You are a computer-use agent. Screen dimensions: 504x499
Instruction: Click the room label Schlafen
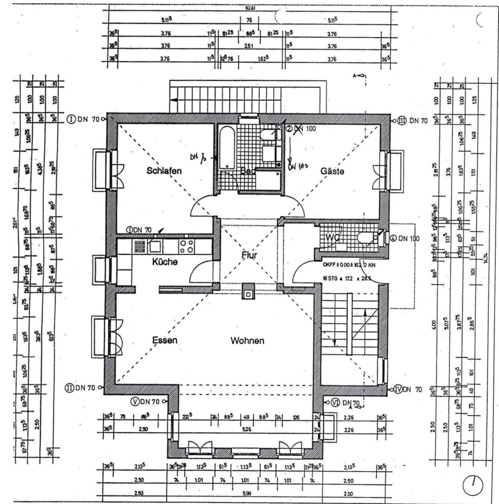164,171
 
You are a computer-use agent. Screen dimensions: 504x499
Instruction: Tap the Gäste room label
332,171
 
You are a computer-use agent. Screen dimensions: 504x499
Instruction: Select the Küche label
165,262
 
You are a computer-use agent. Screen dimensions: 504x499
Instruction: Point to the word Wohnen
247,341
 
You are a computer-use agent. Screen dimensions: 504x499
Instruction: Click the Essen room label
165,340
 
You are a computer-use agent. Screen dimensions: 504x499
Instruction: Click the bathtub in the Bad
227,146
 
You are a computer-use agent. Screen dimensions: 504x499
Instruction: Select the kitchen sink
155,245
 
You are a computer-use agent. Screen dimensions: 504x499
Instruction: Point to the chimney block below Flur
248,292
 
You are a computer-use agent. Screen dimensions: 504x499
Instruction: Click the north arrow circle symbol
473,486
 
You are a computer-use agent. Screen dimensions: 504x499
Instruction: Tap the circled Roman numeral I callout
71,119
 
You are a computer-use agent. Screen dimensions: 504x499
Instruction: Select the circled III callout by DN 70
402,121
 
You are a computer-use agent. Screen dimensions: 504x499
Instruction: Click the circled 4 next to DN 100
393,238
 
